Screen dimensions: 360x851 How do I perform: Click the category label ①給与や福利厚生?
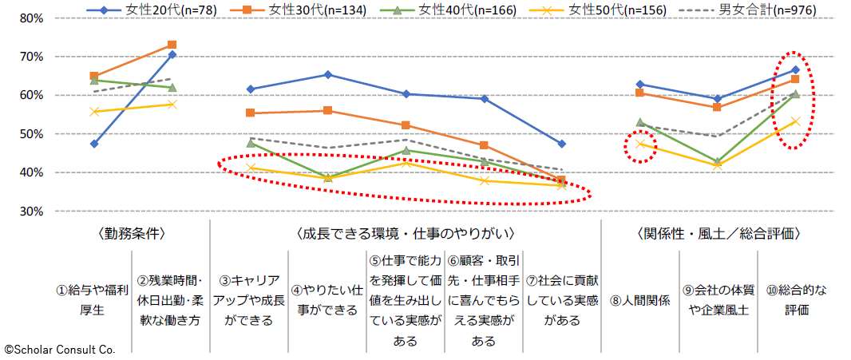pyautogui.click(x=93, y=300)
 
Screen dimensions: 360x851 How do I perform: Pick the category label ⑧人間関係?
pyautogui.click(x=640, y=300)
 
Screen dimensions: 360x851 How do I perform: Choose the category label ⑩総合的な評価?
pyautogui.click(x=797, y=300)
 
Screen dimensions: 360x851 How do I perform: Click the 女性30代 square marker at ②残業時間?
pyautogui.click(x=172, y=45)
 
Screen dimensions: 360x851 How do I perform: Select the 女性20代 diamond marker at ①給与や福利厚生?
pyautogui.click(x=93, y=144)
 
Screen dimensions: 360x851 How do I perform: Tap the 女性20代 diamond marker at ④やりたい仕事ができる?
pyautogui.click(x=328, y=74)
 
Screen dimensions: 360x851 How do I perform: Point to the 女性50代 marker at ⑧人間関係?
pyautogui.click(x=640, y=144)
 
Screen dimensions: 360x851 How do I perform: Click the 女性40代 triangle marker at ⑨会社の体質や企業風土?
pyautogui.click(x=718, y=162)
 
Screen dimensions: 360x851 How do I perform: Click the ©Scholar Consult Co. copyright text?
pyautogui.click(x=60, y=349)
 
